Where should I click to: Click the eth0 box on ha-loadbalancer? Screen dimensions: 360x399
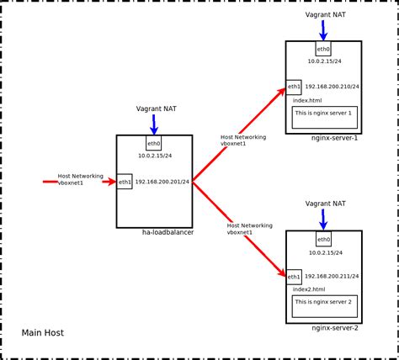coord(154,143)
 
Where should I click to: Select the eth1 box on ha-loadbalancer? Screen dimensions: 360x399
coord(125,181)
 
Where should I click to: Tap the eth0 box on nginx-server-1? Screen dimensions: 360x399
coord(323,49)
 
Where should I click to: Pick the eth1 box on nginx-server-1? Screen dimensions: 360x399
coord(294,87)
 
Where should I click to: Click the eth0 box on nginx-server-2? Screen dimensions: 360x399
coord(323,239)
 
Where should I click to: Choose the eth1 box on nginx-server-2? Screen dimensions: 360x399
coord(294,277)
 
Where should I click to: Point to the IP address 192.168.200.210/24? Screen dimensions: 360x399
coord(332,87)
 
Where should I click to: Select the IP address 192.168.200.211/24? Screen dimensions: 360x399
coord(332,277)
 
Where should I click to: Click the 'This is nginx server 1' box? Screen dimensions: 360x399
coord(325,117)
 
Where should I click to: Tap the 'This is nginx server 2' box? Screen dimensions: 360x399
coord(325,306)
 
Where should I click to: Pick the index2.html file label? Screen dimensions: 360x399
coord(309,289)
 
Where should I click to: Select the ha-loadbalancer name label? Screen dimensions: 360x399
coord(168,232)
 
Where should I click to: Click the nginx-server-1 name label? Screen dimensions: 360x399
coord(335,138)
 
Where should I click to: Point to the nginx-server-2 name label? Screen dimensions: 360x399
coord(335,328)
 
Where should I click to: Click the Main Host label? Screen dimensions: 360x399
coord(42,333)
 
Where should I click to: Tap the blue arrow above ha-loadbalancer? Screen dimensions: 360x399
coord(154,124)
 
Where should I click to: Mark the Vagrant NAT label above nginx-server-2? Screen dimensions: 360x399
coord(325,204)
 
